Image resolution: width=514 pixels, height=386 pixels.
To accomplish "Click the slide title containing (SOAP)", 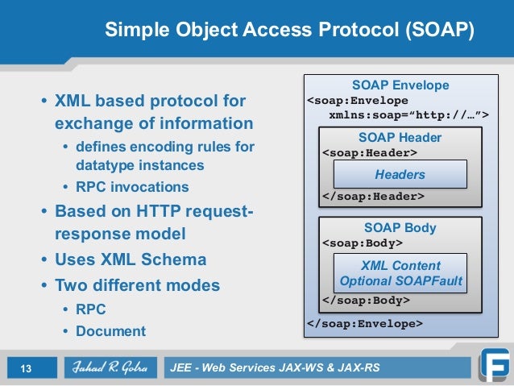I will point(289,30).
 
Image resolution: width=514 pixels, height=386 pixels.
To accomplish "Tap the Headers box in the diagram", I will point(400,174).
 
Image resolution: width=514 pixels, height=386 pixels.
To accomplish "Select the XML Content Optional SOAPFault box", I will point(400,273).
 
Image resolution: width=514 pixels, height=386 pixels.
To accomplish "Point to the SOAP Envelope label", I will point(400,85).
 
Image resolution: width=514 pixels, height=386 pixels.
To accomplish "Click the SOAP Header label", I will point(400,137).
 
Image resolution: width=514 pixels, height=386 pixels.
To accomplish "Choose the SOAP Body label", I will point(400,227).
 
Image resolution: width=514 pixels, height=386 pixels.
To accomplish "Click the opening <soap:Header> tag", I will point(369,152).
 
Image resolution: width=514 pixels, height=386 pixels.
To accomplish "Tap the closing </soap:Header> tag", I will point(372,196).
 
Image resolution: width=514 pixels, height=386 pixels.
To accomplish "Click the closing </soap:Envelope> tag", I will point(364,324).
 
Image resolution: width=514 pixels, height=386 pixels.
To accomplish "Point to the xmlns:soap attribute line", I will point(408,116).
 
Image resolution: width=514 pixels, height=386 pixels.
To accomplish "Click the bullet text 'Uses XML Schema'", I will point(130,260).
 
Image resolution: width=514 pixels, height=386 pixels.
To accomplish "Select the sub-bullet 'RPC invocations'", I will point(132,187).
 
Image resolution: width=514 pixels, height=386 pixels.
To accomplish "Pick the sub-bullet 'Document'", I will point(110,330).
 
